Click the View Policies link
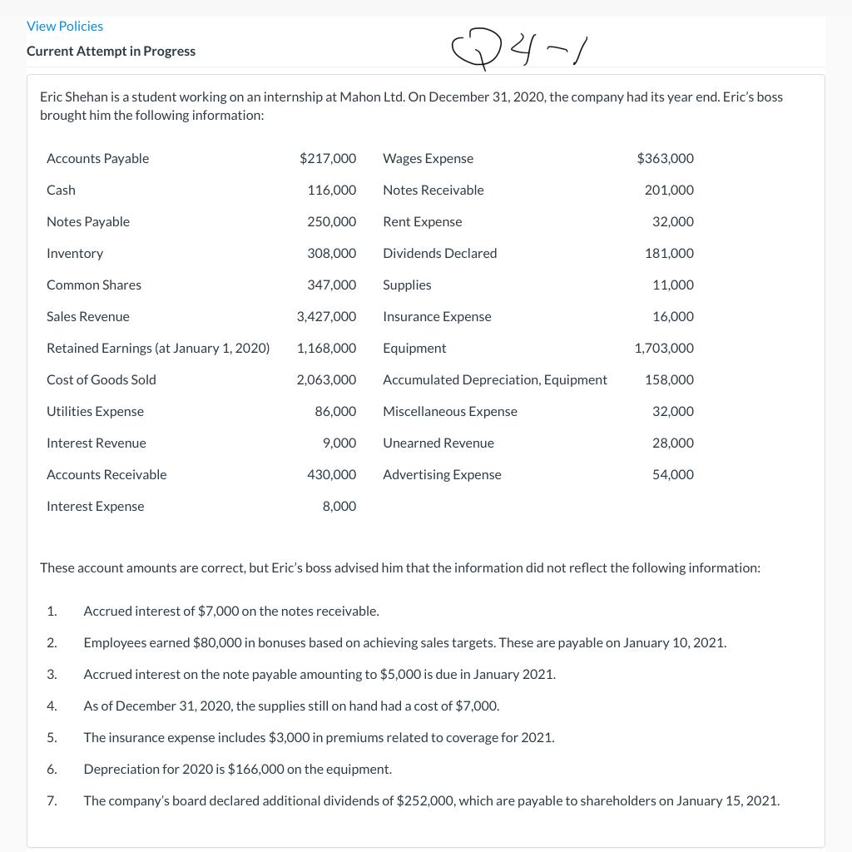65,27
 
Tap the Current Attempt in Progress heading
111,51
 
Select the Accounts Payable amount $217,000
328,158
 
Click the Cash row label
61,190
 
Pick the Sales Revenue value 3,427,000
326,316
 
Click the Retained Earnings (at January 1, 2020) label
158,348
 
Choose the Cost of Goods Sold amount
326,379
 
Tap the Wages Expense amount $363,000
665,158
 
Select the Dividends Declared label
439,253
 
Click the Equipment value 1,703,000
663,348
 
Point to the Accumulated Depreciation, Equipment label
494,379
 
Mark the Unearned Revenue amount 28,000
672,443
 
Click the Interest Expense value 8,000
339,506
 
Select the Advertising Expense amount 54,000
672,474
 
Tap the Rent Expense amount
672,221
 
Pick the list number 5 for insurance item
52,737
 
